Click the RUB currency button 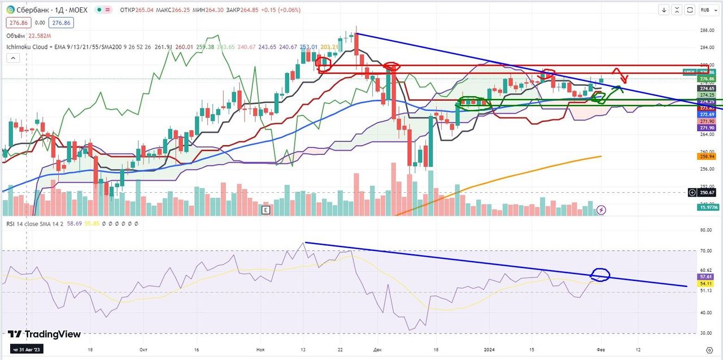tap(705, 10)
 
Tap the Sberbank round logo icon tap(10, 10)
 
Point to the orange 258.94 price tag tap(707, 156)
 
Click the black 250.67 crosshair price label tap(707, 193)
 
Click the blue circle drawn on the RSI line tap(600, 275)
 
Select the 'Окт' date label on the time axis tap(143, 350)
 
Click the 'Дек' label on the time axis tap(377, 350)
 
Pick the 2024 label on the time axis tap(490, 350)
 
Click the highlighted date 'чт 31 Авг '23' tap(28, 350)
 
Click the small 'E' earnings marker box tap(265, 210)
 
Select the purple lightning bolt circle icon tap(602, 210)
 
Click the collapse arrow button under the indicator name tap(13, 58)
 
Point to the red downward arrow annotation tap(622, 77)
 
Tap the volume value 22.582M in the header tap(39, 36)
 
